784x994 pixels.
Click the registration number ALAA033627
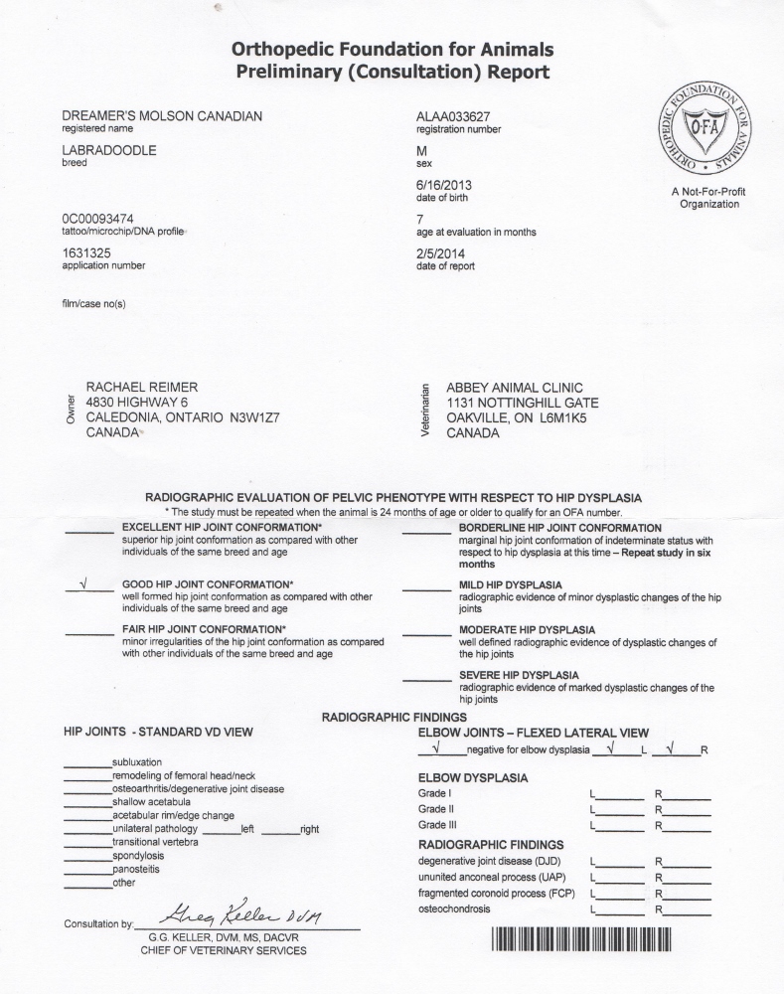coord(453,116)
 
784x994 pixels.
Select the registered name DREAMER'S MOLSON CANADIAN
coord(162,116)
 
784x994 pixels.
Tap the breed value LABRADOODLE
coord(109,150)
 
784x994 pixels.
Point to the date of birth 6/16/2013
coord(443,184)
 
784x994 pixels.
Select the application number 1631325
coord(86,252)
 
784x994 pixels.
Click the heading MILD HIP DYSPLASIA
coord(510,584)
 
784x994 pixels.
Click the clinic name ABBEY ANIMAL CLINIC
coord(515,387)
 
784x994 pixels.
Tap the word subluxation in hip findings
coord(137,762)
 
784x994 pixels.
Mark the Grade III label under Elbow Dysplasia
coord(437,825)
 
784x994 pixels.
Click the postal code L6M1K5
coord(569,417)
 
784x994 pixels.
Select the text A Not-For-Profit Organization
coord(708,197)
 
